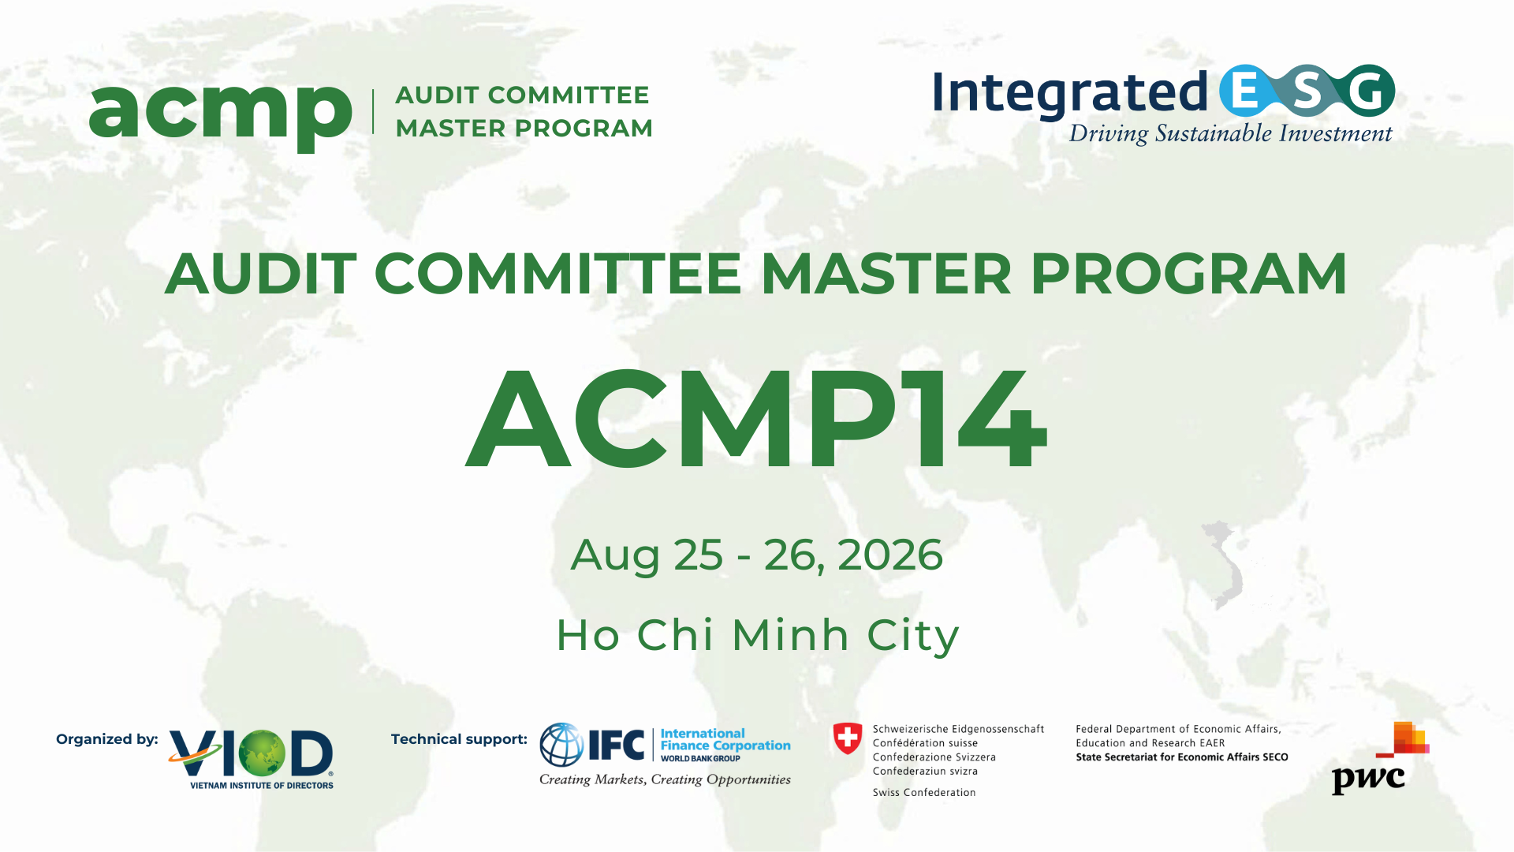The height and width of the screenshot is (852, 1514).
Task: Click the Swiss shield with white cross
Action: click(x=848, y=739)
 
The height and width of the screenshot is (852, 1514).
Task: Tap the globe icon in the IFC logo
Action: click(x=561, y=745)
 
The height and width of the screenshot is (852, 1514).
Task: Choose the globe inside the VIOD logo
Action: click(x=262, y=753)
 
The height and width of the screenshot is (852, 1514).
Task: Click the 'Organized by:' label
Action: click(x=106, y=739)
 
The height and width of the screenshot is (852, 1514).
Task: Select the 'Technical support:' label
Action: click(x=459, y=739)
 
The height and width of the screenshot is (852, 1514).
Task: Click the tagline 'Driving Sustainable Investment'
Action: click(x=1230, y=133)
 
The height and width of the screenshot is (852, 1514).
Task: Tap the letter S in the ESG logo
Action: click(x=1307, y=92)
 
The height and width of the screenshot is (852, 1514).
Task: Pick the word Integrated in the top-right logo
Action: click(x=1070, y=93)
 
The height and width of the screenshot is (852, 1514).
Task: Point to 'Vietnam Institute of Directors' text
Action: click(x=262, y=786)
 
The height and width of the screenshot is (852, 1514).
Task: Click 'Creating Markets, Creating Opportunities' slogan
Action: click(x=665, y=779)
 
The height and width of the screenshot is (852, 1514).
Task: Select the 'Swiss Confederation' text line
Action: click(x=924, y=793)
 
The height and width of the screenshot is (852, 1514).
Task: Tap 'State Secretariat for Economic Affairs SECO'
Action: click(x=1181, y=757)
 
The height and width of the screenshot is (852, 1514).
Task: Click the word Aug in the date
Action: click(x=615, y=555)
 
